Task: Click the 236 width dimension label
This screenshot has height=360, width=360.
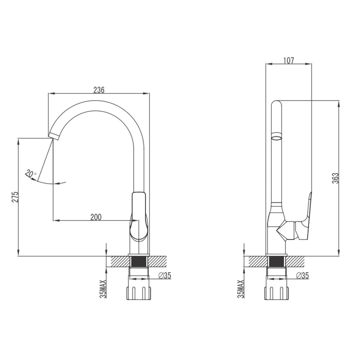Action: pos(99,90)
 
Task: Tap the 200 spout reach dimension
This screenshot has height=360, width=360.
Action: pos(96,217)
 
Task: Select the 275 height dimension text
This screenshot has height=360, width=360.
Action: pos(15,197)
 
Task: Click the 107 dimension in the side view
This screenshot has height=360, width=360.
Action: pos(288,60)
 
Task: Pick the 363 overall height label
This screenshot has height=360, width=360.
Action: pos(336,178)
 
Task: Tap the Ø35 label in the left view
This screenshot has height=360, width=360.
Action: pos(165,276)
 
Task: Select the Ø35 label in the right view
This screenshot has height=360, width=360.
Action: pos(302,276)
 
